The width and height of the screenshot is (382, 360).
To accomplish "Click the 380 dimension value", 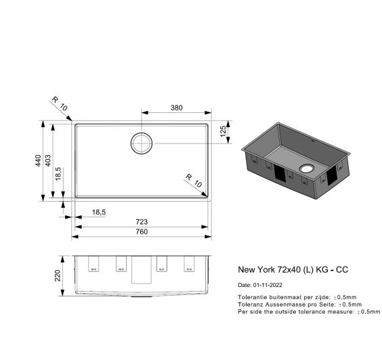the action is [x=176, y=108].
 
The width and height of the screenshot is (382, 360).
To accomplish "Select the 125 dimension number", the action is [x=223, y=131].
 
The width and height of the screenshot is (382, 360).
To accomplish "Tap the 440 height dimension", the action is [x=38, y=160].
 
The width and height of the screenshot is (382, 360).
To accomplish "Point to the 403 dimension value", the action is [x=48, y=160].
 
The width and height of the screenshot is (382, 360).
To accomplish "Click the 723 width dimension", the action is [x=142, y=222].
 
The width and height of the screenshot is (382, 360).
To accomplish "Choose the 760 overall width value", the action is [x=142, y=231].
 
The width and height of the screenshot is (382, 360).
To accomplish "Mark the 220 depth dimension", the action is [x=58, y=275].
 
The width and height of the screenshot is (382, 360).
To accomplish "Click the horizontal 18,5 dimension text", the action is [x=99, y=212].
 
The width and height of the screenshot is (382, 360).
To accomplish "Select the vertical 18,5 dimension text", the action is [x=58, y=174].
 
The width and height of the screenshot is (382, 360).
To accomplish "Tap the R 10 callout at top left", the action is [x=60, y=104].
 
